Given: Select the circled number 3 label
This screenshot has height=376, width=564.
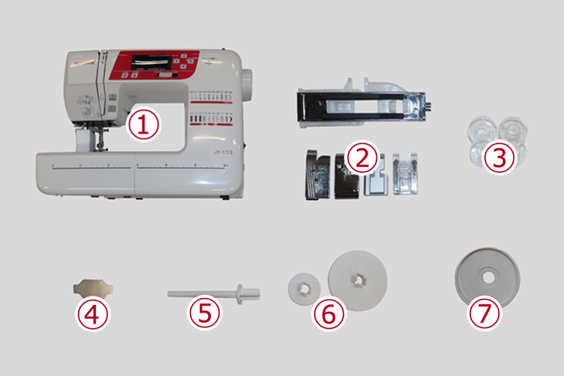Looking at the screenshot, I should tap(500, 158).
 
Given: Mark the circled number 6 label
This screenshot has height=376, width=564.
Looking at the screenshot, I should tap(327, 313).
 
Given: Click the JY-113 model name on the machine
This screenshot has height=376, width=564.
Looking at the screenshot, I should tap(223, 152).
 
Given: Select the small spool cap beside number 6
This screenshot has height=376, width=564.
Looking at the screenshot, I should tap(301, 285).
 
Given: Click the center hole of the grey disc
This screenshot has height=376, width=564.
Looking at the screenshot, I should tap(487, 273).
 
